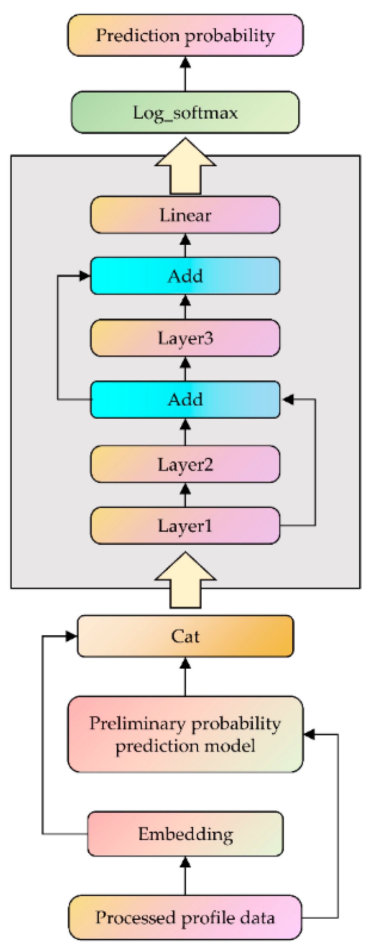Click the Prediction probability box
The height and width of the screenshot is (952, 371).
click(185, 35)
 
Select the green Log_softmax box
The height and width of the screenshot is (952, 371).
click(185, 112)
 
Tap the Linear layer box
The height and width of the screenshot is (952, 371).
click(185, 215)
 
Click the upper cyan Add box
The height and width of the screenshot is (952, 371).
click(185, 276)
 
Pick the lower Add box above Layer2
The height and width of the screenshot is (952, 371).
click(185, 400)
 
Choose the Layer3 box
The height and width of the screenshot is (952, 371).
click(185, 338)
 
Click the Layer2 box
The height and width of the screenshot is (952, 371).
click(185, 464)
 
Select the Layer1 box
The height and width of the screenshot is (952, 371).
click(185, 526)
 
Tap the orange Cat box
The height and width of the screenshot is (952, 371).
click(185, 636)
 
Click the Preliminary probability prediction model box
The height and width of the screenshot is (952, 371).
click(185, 734)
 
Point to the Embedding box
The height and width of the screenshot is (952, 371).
click(185, 834)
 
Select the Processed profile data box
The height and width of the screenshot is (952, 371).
click(185, 917)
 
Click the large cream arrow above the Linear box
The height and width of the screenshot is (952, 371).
click(185, 166)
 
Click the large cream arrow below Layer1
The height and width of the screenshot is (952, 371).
click(185, 580)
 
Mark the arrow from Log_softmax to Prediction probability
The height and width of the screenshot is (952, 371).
click(185, 74)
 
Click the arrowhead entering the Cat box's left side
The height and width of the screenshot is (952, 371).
click(71, 636)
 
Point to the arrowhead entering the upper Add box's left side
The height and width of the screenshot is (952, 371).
click(85, 276)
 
